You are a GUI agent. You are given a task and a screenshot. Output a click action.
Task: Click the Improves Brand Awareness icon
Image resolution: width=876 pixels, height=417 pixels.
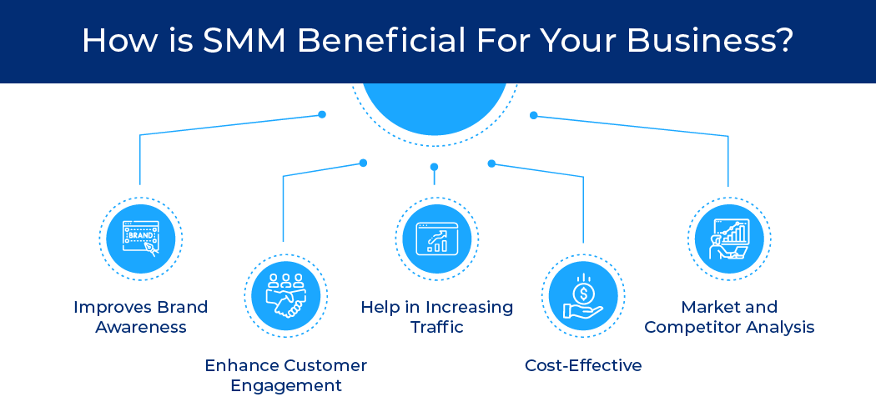tap(140, 239)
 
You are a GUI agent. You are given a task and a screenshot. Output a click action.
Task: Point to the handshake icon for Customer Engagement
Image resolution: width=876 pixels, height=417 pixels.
tap(285, 296)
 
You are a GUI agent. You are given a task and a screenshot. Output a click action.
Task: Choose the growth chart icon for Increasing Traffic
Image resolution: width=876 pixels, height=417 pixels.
tap(437, 239)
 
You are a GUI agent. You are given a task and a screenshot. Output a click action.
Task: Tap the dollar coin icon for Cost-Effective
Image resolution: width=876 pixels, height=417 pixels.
tap(583, 296)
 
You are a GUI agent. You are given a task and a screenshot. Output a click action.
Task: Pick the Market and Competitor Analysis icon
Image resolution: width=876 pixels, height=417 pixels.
tap(728, 239)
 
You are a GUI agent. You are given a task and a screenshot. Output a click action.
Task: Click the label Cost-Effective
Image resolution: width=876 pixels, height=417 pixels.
tap(583, 365)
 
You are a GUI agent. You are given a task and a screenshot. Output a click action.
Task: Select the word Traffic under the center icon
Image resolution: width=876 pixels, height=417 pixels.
tap(437, 327)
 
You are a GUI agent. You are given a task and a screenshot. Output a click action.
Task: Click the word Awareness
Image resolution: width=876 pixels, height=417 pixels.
tap(140, 327)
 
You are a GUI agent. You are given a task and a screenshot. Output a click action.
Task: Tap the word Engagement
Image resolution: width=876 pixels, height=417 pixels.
tap(285, 385)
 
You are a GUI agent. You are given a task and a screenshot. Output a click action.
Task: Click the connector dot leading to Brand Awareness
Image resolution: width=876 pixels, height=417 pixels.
tap(322, 114)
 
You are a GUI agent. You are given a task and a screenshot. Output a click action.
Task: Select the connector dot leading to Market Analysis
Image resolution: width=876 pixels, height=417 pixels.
tap(534, 115)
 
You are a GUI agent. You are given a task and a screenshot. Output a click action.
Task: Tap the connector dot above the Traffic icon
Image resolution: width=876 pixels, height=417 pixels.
tap(434, 167)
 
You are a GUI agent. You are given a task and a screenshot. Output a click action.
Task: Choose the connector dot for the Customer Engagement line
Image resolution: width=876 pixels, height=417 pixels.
tap(363, 163)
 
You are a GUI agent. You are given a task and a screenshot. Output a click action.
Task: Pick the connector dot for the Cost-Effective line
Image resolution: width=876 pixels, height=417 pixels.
tap(491, 163)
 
